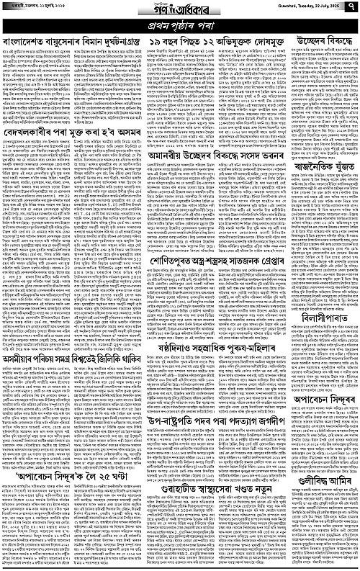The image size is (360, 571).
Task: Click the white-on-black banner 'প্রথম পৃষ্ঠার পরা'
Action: [x=179, y=28]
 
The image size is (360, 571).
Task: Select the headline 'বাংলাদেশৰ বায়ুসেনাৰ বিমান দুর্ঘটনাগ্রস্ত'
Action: [x=70, y=43]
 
